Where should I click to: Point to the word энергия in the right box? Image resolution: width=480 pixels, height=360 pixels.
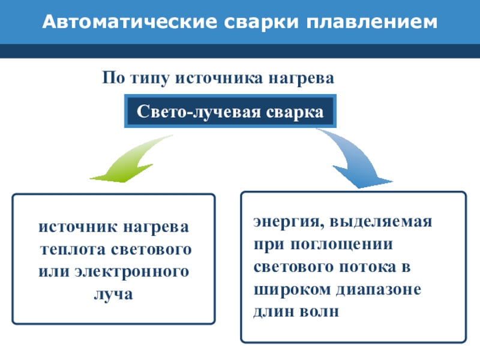(x=282, y=221)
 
